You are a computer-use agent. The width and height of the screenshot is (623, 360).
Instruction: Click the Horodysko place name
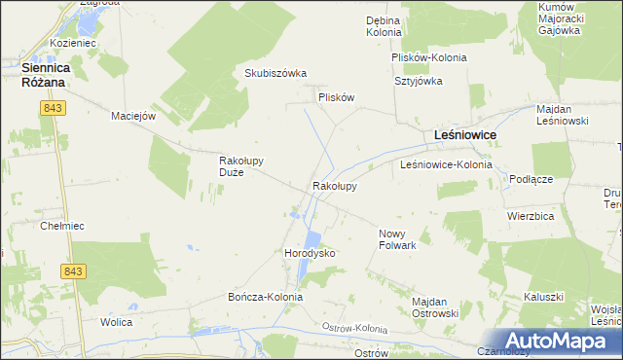310,253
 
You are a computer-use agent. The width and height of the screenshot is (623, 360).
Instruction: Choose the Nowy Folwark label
397,239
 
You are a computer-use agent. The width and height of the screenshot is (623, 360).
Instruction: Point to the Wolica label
116,320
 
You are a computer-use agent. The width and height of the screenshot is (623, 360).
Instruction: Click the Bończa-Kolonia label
265,297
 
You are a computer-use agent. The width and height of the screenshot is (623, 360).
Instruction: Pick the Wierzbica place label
531,215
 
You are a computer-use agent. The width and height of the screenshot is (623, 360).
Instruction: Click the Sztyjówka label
419,82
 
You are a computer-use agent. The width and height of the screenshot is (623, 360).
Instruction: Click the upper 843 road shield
53,110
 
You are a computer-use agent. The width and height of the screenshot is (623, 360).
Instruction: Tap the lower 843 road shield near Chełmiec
72,271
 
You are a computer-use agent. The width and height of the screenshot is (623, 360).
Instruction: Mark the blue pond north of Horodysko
312,240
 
